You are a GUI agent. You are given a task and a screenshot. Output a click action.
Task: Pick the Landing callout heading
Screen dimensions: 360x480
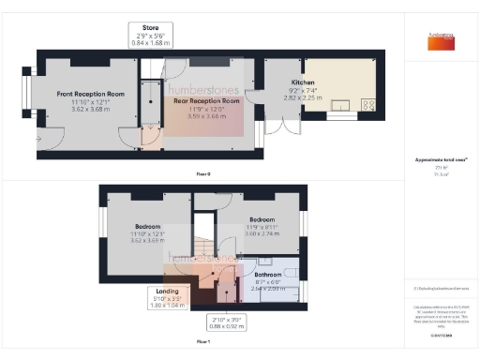[161, 292]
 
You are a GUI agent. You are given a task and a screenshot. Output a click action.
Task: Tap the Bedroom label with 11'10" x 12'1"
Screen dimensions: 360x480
[146, 227]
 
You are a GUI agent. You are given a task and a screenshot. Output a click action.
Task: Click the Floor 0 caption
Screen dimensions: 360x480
[202, 174]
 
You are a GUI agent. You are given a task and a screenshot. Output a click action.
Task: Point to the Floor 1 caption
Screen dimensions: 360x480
[202, 343]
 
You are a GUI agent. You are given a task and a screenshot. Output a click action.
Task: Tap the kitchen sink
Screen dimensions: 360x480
[339, 105]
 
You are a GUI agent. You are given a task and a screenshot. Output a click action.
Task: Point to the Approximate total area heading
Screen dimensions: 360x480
[442, 160]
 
